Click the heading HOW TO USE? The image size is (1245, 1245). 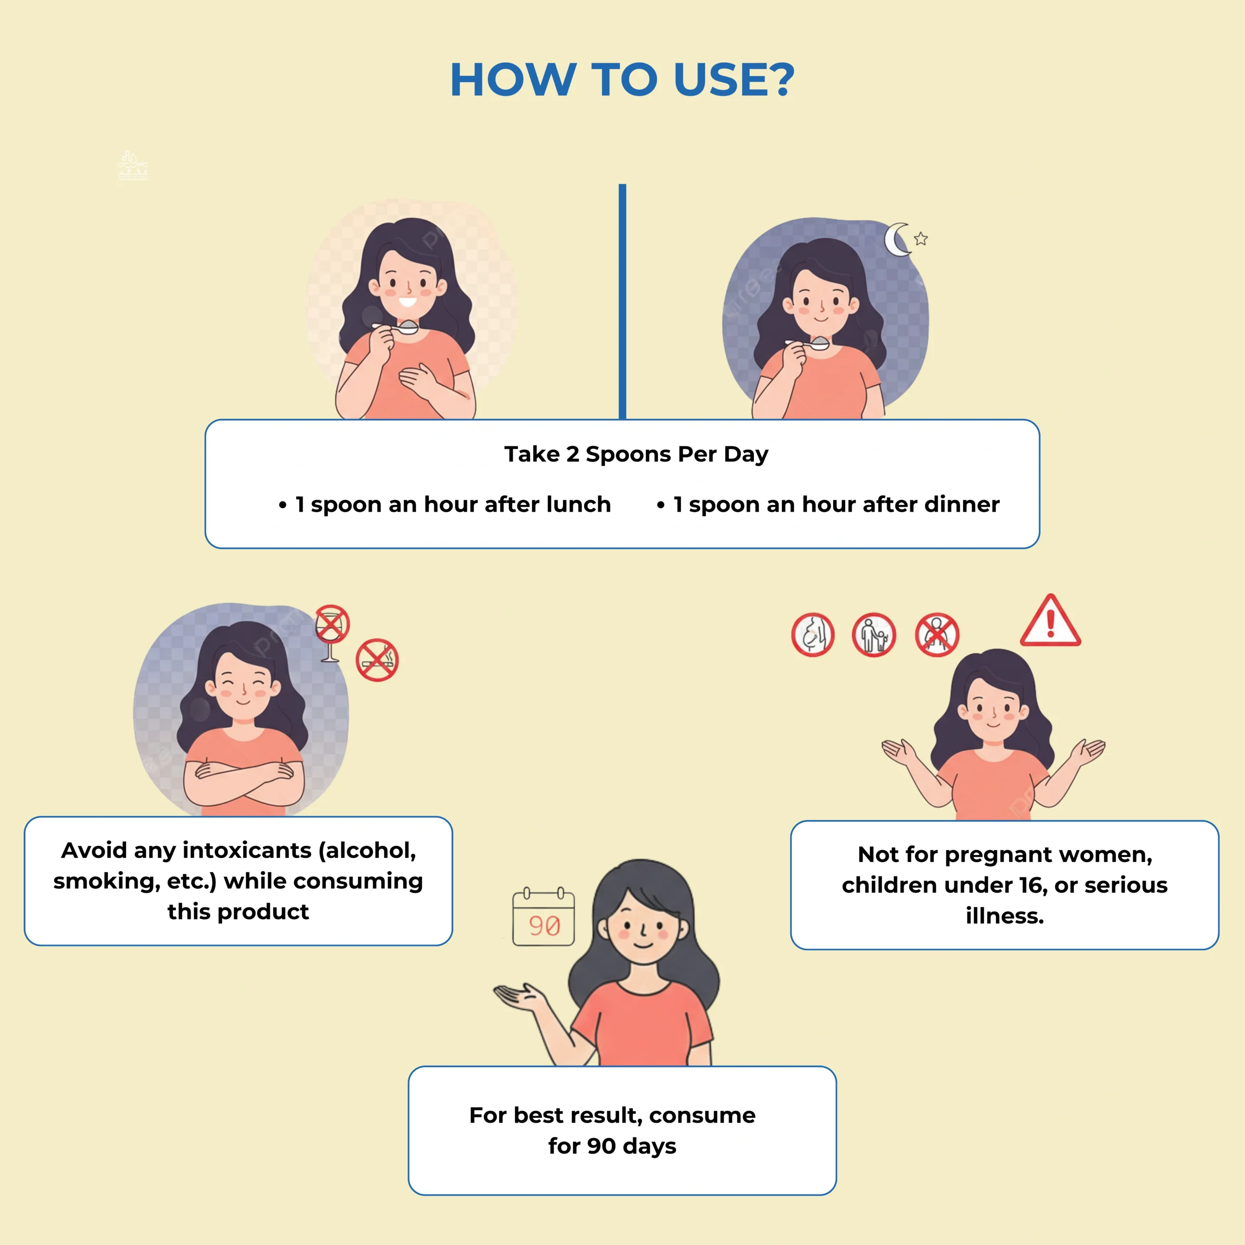[x=622, y=80]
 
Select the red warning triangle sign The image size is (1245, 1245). [x=1050, y=621]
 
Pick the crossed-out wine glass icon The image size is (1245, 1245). [x=332, y=632]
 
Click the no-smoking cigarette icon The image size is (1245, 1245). [x=377, y=660]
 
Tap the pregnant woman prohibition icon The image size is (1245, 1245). [x=813, y=634]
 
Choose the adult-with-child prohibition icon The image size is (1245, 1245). [x=874, y=635]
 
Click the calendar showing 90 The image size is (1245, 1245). [x=543, y=918]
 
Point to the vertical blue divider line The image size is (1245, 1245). [x=622, y=302]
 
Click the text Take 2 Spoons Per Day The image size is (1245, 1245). [x=636, y=454]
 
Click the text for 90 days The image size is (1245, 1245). [x=612, y=1146]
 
